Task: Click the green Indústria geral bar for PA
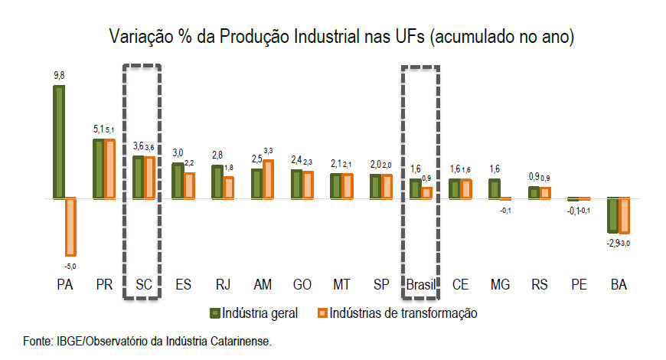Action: click(x=59, y=142)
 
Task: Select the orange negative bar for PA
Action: click(x=70, y=227)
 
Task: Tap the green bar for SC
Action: click(x=138, y=177)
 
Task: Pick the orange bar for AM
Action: click(x=268, y=178)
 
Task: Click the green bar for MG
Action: click(x=494, y=188)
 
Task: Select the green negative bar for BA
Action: click(x=613, y=214)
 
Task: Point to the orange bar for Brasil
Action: click(x=426, y=192)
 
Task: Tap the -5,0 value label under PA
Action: click(x=71, y=266)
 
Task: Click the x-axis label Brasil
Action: click(x=420, y=285)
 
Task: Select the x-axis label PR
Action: click(x=104, y=285)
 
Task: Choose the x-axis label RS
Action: click(x=540, y=285)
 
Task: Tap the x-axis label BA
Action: click(x=619, y=285)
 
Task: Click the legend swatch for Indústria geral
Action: click(x=215, y=313)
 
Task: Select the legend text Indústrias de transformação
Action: click(x=398, y=313)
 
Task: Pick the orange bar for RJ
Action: click(x=228, y=187)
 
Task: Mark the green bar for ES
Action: click(x=178, y=180)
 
